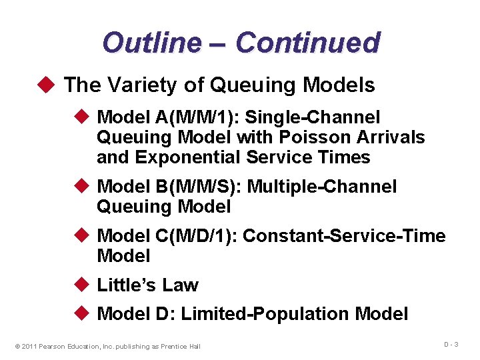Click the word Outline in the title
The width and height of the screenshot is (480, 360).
(x=151, y=43)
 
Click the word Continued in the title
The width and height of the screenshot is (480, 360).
(x=307, y=43)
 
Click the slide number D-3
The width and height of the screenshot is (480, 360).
(x=452, y=344)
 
